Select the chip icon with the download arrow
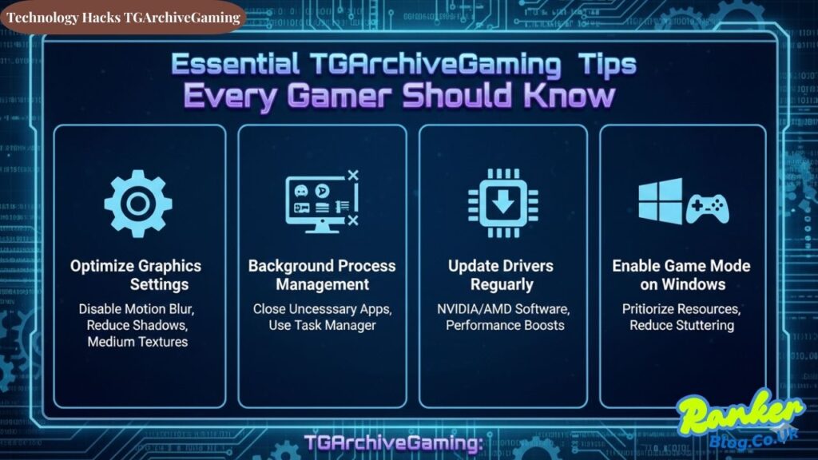[x=502, y=203]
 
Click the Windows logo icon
[x=660, y=201]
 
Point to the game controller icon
[x=707, y=209]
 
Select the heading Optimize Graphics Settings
[x=136, y=275]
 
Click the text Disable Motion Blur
[x=136, y=308]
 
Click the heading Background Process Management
[x=321, y=275]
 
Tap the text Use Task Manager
[x=321, y=325]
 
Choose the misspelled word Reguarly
[x=503, y=284]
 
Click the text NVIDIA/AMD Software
[x=503, y=308]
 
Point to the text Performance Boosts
[x=503, y=325]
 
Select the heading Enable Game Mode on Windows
[x=681, y=275]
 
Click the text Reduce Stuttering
[x=681, y=325]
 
